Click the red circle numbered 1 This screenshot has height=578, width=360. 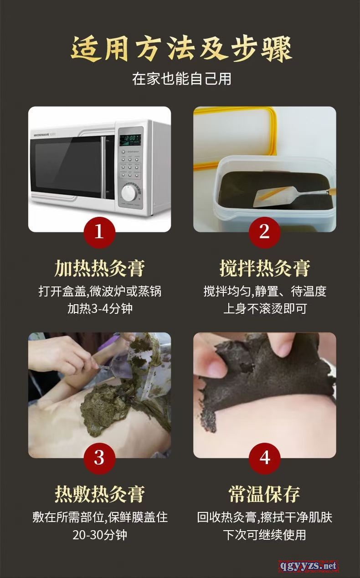99,232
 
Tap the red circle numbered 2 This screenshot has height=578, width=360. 264,232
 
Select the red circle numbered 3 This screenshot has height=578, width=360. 99,458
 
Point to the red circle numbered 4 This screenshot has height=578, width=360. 264,458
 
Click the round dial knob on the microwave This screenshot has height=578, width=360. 129,193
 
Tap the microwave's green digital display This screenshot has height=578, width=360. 130,139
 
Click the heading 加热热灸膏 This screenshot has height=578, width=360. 99,269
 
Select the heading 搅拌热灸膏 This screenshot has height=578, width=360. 265,269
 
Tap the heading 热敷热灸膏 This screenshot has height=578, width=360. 99,494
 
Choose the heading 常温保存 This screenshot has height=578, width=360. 264,494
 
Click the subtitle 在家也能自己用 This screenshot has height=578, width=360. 181,79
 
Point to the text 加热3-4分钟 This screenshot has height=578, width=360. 100,309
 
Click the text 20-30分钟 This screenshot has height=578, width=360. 100,535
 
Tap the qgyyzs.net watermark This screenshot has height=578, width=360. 308,566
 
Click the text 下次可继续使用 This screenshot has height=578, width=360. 265,535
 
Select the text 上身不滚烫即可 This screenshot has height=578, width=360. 265,309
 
